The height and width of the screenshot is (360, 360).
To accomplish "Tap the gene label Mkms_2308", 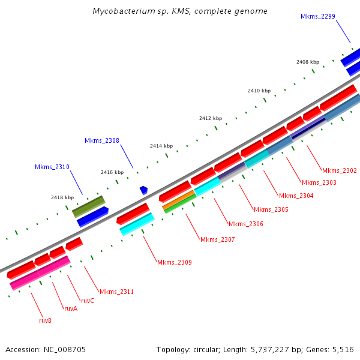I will coord(101,140).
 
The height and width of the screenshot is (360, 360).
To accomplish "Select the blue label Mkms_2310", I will coord(52,167).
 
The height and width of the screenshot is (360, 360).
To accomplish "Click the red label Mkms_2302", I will coord(339,170).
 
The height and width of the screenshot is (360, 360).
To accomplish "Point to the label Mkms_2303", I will coord(319,182).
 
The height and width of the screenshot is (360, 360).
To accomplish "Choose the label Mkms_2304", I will coord(296,196).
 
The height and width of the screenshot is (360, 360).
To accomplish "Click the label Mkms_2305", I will coord(271,209).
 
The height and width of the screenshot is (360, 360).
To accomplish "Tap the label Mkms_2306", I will coord(245,224).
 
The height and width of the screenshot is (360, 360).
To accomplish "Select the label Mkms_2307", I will coord(217,239).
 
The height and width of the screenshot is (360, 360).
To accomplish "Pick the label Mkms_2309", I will coord(174,262).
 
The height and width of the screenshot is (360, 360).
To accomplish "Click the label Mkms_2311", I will coord(116,292).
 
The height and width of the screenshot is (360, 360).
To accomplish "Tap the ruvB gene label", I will coord(45,320).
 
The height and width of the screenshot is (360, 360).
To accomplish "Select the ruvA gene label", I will coord(70,308).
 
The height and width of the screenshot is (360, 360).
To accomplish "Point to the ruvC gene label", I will coord(87,301).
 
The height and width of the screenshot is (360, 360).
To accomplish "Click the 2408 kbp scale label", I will coord(308,62).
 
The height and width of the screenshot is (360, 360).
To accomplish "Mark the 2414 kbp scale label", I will coord(161,146).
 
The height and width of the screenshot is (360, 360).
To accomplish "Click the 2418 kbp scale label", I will coord(62,197).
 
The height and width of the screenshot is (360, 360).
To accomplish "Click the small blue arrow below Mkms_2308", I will coord(143,190).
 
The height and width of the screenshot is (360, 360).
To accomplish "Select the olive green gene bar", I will coord(88,205).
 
